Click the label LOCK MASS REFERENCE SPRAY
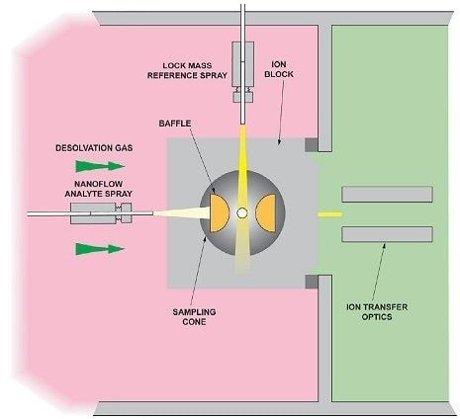pyautogui.click(x=187, y=70)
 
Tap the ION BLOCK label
pyautogui.click(x=279, y=69)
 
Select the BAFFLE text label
pyautogui.click(x=175, y=124)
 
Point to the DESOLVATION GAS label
pyautogui.click(x=94, y=148)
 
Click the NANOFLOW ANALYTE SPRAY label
pyautogui.click(x=98, y=189)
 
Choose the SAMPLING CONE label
pyautogui.click(x=194, y=316)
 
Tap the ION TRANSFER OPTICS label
pyautogui.click(x=377, y=312)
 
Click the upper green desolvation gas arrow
pyautogui.click(x=100, y=166)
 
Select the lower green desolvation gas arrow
pyautogui.click(x=100, y=249)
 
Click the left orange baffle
pyautogui.click(x=219, y=213)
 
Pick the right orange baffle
pyautogui.click(x=266, y=213)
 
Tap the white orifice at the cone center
pyautogui.click(x=242, y=213)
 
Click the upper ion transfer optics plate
pyautogui.click(x=387, y=195)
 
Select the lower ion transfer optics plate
pyautogui.click(x=387, y=234)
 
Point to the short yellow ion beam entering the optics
pyautogui.click(x=329, y=214)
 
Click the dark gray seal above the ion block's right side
pyautogui.click(x=311, y=145)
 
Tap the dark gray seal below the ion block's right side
pyautogui.click(x=311, y=282)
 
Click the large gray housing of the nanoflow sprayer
pyautogui.click(x=93, y=213)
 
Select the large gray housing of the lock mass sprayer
pyautogui.click(x=242, y=64)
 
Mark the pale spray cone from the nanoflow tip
pyautogui.click(x=182, y=212)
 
